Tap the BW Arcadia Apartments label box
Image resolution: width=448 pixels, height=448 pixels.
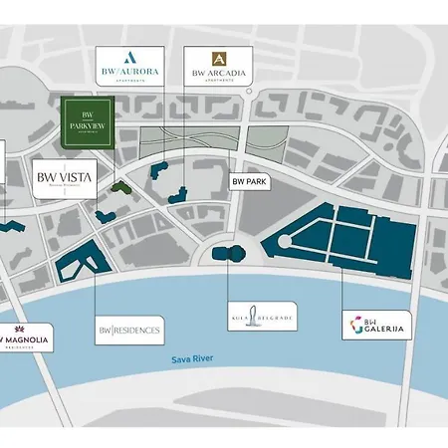tap(217, 66)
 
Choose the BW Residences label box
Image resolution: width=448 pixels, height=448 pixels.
tap(128, 329)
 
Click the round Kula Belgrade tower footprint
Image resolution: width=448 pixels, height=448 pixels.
tap(230, 255)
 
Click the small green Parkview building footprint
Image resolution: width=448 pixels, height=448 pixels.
tap(119, 186)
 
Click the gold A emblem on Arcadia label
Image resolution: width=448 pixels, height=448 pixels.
tap(218, 58)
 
